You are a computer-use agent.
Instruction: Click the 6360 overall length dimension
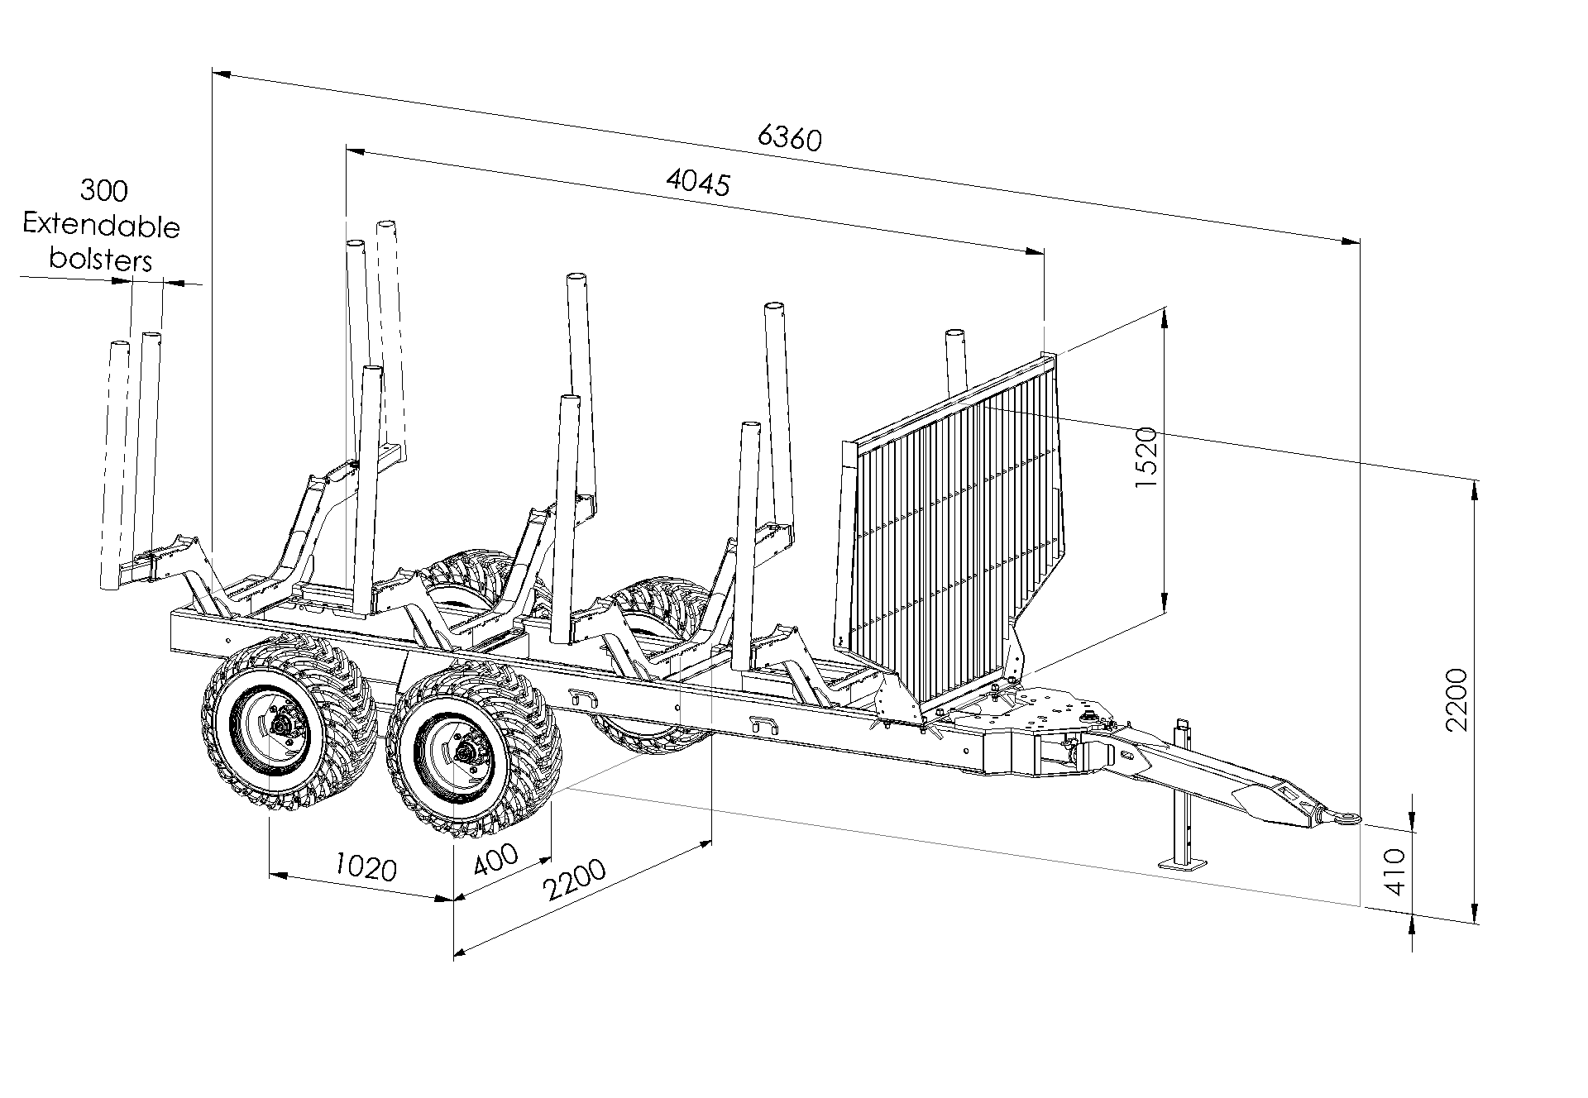pos(790,138)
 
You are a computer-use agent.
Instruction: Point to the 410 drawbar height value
pos(1394,871)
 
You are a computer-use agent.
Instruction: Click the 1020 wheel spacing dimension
pos(366,867)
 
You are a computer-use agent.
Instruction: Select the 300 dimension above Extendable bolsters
pos(104,190)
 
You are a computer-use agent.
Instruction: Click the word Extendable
pos(102,225)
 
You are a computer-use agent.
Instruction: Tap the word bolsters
pos(101,260)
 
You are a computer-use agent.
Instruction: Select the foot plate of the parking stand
pos(1183,864)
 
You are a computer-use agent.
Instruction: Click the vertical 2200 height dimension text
pos(1456,699)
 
